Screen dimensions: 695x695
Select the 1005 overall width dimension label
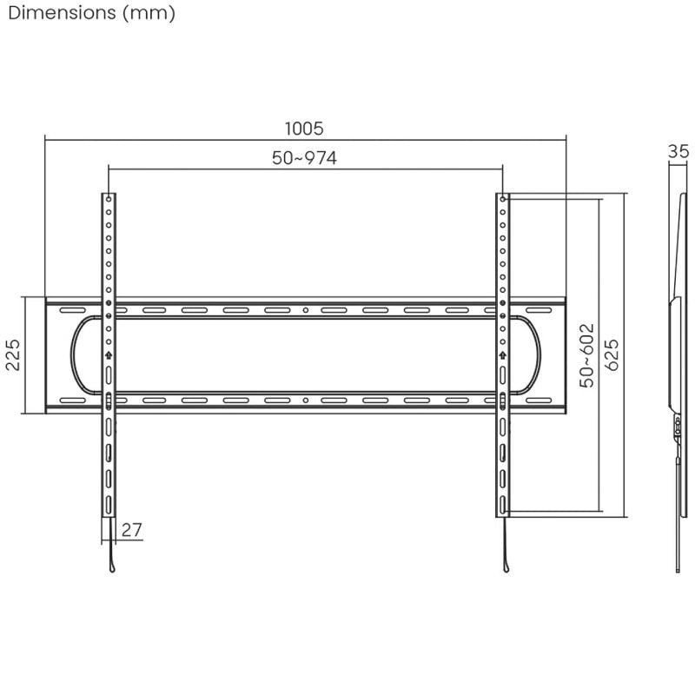(304, 129)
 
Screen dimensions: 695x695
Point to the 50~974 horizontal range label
(304, 158)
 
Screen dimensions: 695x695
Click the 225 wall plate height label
(14, 354)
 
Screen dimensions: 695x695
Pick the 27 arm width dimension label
(132, 530)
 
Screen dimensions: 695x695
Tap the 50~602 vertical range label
(588, 354)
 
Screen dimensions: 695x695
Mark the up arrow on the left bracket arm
(108, 354)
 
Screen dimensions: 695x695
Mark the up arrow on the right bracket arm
(502, 354)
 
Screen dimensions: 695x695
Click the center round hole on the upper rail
(305, 310)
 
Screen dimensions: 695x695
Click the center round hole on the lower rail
(305, 400)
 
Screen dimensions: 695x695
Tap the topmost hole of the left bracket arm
(108, 199)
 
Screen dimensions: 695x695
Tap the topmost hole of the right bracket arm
(502, 199)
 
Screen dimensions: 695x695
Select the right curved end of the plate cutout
(538, 354)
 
